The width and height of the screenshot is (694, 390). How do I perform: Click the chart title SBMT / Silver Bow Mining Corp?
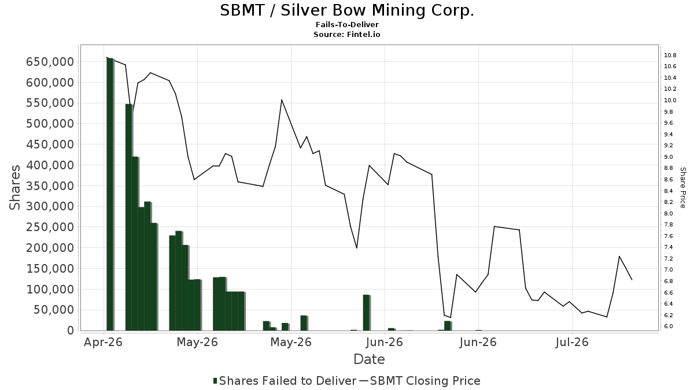point(347,10)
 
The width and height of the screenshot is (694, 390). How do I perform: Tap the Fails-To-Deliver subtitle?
point(347,25)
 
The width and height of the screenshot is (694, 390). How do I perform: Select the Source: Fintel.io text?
point(346,34)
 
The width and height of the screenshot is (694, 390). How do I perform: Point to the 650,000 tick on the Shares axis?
point(50,62)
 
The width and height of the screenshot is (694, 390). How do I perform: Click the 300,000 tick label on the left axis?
point(50,206)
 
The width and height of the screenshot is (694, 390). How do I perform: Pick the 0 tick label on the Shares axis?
point(71,330)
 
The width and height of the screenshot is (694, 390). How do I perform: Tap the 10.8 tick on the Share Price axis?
point(670,55)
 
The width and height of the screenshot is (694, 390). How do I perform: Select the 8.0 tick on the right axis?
point(669,213)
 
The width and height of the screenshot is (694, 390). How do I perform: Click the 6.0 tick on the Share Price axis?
point(669,326)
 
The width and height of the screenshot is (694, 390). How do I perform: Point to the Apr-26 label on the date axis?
point(103,342)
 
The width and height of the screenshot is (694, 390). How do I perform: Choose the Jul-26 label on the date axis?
point(572,342)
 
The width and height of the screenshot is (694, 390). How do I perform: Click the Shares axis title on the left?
point(14,188)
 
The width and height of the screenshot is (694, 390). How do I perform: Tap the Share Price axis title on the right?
point(682,188)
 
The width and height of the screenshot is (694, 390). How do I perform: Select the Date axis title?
point(369,359)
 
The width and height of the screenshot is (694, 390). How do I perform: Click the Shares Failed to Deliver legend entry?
point(285,381)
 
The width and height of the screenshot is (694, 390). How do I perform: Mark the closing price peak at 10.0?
point(282,99)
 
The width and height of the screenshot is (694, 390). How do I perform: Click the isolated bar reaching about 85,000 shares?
point(367,313)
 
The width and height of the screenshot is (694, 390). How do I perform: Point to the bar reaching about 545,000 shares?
point(129,217)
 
